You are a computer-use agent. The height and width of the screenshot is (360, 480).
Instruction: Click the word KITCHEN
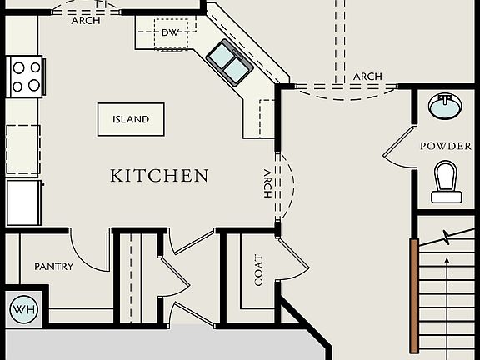tap(159, 176)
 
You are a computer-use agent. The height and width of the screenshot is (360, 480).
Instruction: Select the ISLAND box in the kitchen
tap(131, 119)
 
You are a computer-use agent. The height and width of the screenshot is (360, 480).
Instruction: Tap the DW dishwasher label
tap(170, 32)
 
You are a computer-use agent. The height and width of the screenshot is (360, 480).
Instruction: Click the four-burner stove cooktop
tap(25, 75)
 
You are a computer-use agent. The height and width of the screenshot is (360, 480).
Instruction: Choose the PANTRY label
tap(53, 267)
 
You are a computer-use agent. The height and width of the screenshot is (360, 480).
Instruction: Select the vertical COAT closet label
tap(258, 270)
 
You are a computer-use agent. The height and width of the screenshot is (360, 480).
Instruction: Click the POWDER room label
tap(445, 146)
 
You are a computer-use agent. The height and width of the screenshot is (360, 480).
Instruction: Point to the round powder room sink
tap(444, 106)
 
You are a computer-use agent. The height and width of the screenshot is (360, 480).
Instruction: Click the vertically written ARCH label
tap(267, 183)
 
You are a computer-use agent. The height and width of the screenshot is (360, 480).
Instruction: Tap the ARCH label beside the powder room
tap(367, 77)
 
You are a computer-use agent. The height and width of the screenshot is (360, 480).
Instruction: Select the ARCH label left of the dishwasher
tap(86, 20)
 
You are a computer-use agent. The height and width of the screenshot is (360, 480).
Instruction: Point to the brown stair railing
tap(414, 295)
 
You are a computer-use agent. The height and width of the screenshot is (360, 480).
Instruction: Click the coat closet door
tap(294, 255)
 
